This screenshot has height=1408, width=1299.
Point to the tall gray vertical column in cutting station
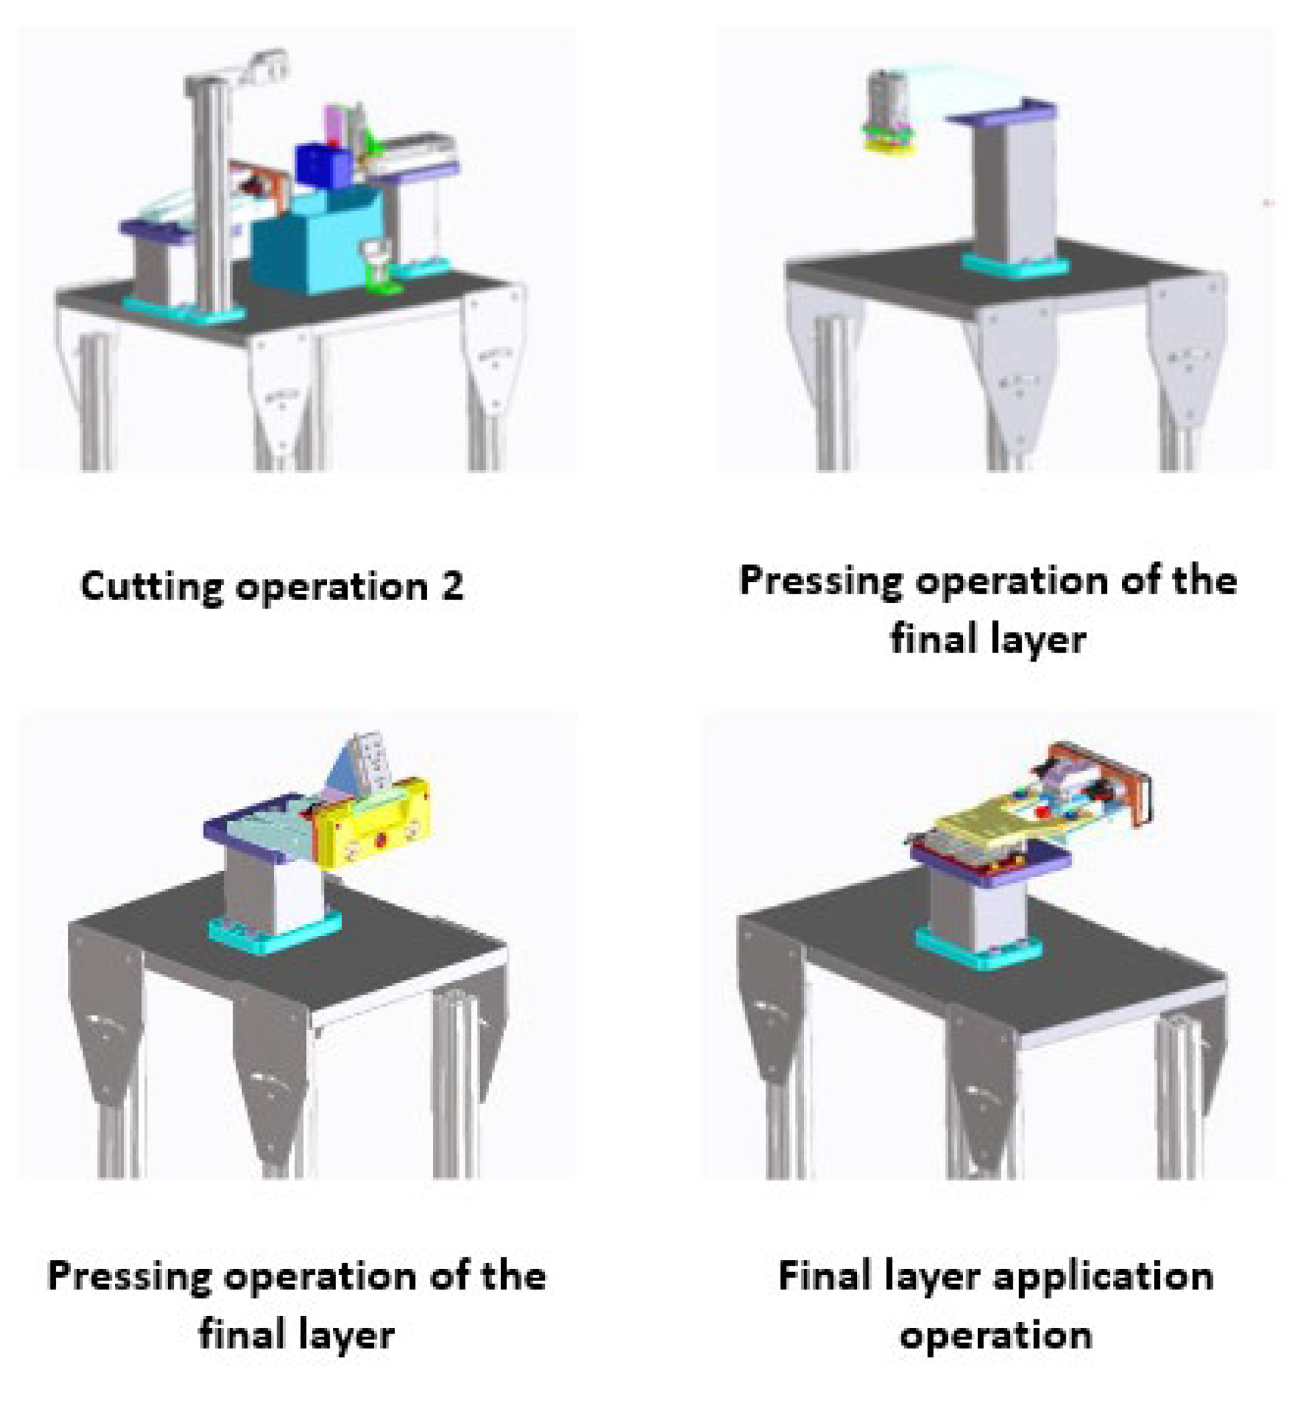[210, 197]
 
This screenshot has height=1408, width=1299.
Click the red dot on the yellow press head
[380, 839]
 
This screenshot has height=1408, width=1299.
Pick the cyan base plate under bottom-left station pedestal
[274, 933]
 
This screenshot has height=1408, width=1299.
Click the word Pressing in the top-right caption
[819, 582]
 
